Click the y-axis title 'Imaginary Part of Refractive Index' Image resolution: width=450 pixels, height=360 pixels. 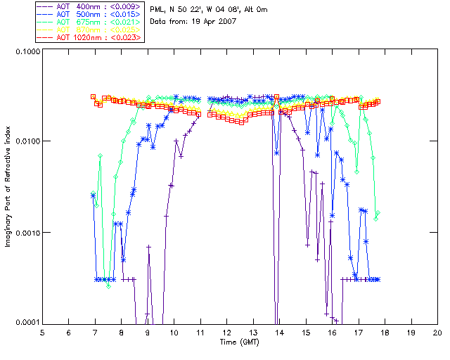(x=9, y=188)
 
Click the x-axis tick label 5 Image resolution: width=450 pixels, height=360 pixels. (x=42, y=332)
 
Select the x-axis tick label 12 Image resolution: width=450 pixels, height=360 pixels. (x=226, y=332)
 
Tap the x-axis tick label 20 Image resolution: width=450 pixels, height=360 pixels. (x=437, y=332)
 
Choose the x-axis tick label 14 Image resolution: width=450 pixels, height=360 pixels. (x=279, y=332)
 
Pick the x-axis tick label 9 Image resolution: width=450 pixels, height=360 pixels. (x=148, y=332)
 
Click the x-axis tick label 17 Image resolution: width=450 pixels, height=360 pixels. (x=359, y=332)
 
